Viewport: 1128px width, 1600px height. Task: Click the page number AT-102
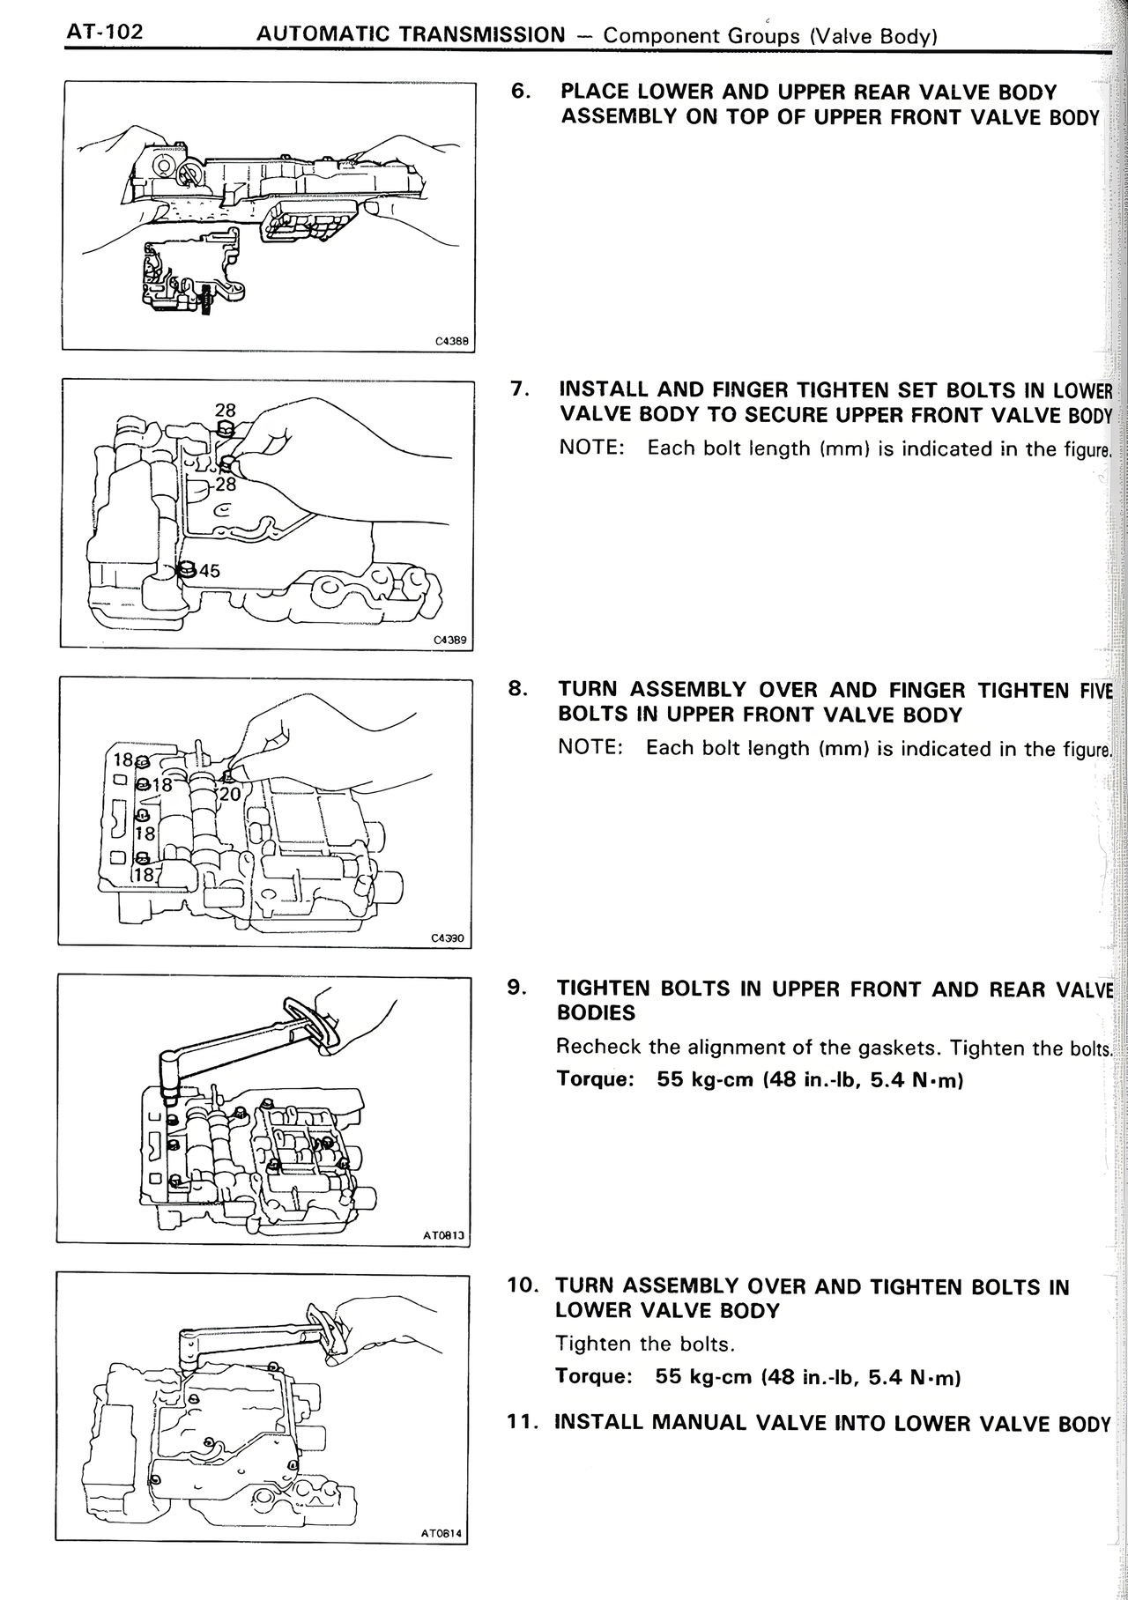click(x=104, y=33)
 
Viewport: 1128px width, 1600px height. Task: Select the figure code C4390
click(x=448, y=939)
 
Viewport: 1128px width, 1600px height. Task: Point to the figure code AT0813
click(x=443, y=1236)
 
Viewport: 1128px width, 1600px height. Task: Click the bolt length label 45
click(x=209, y=570)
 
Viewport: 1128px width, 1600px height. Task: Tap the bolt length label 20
click(x=229, y=794)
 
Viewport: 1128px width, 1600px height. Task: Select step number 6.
click(x=521, y=92)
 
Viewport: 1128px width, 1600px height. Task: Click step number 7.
click(x=520, y=389)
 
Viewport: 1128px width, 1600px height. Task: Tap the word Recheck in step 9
click(x=594, y=1047)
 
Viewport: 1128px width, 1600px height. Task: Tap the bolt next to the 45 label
click(x=186, y=570)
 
